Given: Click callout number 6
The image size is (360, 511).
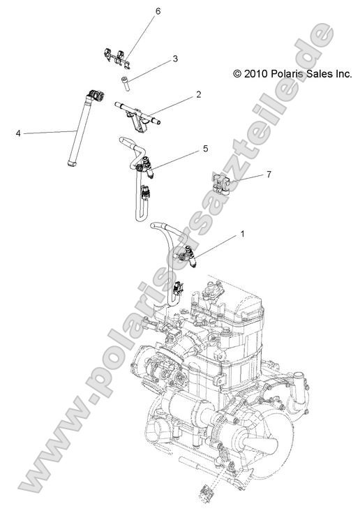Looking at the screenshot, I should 158,12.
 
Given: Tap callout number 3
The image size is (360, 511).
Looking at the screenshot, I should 175,59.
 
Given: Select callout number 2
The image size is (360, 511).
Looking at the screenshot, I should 199,94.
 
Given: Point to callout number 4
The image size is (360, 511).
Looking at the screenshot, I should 18,131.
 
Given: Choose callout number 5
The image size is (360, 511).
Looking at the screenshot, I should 205,149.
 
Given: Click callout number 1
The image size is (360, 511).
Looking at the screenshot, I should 242,234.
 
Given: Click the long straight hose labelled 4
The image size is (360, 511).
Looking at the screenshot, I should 77,133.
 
